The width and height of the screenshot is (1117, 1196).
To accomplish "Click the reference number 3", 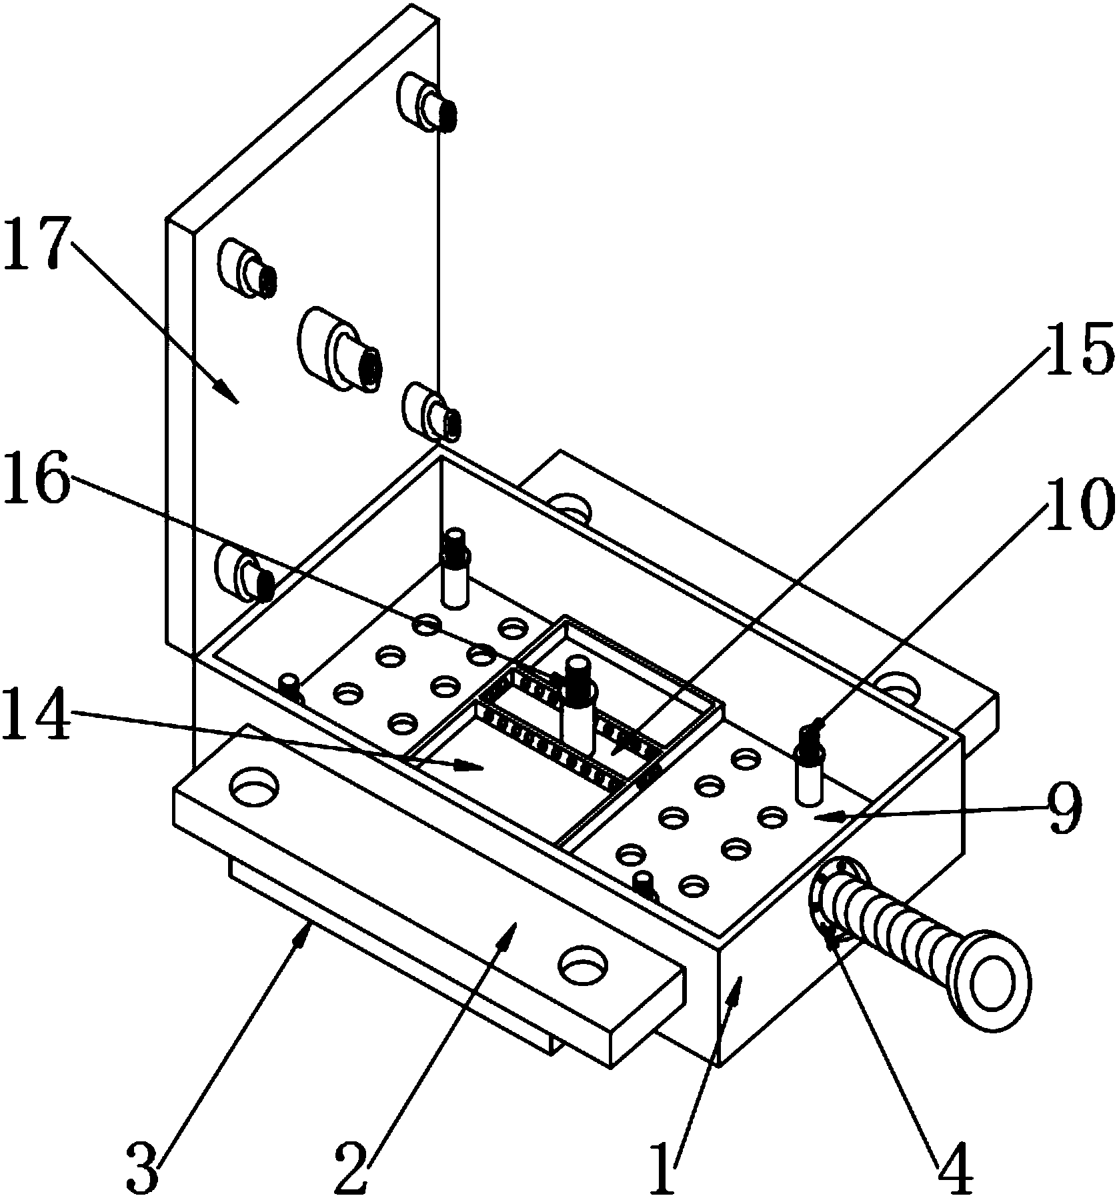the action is tap(143, 1167).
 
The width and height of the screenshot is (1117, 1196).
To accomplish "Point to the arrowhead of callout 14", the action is tap(471, 767).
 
